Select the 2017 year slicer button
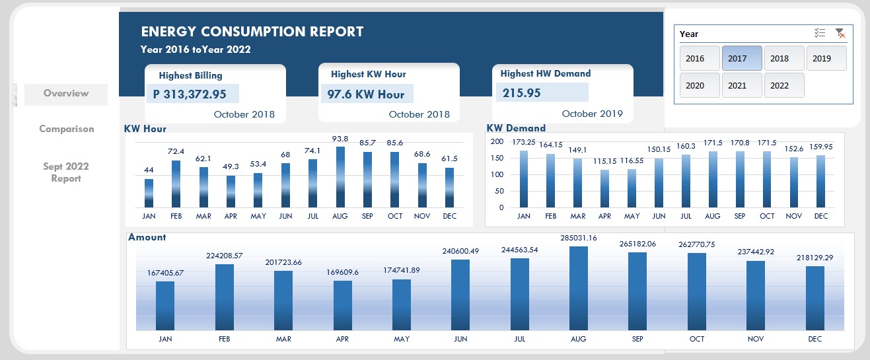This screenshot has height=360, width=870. pos(742,58)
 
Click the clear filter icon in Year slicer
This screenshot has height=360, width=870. pos(840,33)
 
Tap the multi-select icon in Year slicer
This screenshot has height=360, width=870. pos(820,33)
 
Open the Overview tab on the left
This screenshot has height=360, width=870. pos(66,94)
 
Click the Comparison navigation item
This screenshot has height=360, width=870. pos(66,129)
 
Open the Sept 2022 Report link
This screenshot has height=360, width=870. pos(66,172)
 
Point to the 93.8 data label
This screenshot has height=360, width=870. pos(340,139)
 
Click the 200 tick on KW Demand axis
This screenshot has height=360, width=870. pos(497,141)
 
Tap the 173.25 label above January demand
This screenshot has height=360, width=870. pos(524,142)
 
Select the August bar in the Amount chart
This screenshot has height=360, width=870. pos(578,287)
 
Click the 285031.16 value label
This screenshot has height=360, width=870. pos(578,238)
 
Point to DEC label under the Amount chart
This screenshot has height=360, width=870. pos(815,339)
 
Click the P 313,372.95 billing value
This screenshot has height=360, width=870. pos(190,94)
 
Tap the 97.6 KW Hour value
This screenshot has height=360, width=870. pos(365,94)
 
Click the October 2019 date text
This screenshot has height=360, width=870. pos(592,114)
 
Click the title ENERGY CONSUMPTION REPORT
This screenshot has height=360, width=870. pos(252,32)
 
